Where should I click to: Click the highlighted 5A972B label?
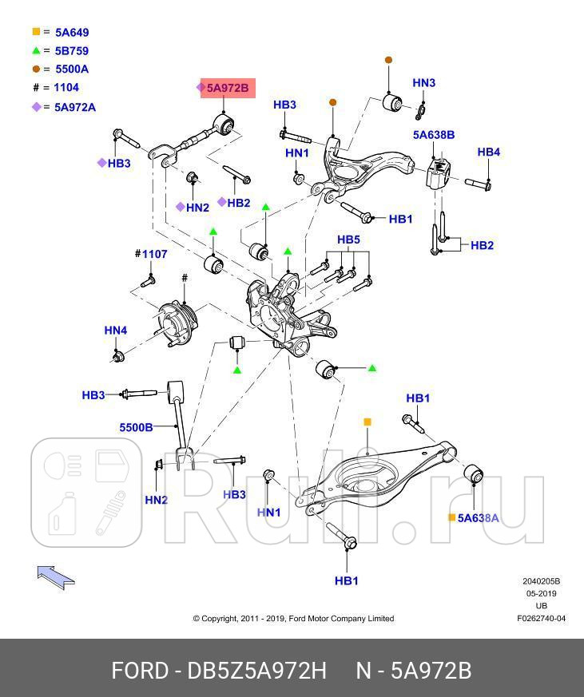click(x=227, y=88)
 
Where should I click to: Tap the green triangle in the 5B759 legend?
click(x=36, y=51)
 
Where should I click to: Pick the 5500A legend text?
click(x=72, y=69)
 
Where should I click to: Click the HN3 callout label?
click(x=423, y=83)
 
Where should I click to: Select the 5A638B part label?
click(x=433, y=135)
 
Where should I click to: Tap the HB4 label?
click(x=488, y=152)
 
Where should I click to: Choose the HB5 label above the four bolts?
click(x=348, y=240)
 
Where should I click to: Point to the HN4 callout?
click(x=116, y=331)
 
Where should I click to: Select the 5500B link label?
click(x=137, y=427)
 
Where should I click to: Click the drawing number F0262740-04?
click(x=541, y=618)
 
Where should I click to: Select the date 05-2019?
click(x=541, y=594)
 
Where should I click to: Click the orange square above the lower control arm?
click(x=367, y=422)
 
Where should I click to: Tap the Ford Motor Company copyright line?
click(x=293, y=618)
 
